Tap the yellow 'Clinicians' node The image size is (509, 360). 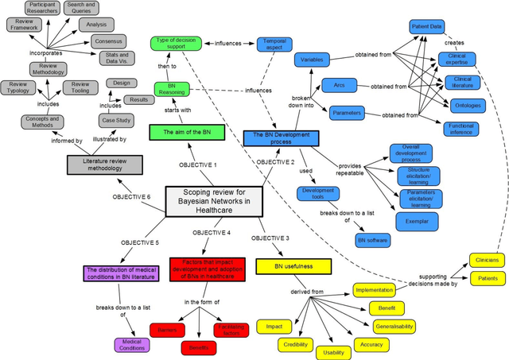(487, 260)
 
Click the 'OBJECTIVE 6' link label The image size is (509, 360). (132, 196)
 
